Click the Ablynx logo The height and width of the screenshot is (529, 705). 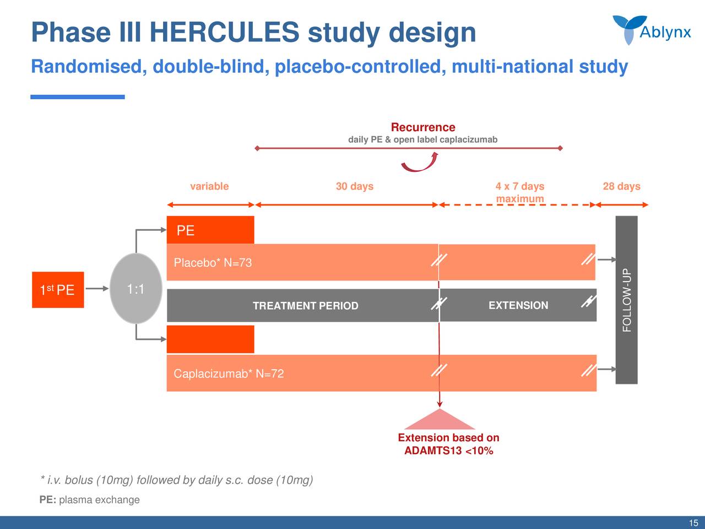coord(652,30)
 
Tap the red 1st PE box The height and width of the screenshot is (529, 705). coord(58,290)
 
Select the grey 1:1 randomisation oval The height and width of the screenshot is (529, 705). coord(135,289)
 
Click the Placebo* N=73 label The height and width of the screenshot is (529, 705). coord(213,263)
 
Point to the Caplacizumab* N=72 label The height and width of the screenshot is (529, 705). coord(229,374)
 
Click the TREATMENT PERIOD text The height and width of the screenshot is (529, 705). coord(305,306)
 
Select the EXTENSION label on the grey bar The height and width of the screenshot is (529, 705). coord(518,305)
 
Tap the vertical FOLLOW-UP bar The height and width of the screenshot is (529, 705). coord(626,300)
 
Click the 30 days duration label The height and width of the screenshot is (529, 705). coord(355,186)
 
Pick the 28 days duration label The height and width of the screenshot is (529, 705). coord(621,186)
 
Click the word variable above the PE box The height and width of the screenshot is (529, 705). coord(209,186)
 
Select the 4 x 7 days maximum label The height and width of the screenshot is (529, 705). coord(519,192)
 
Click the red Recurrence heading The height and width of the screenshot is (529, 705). coord(423,127)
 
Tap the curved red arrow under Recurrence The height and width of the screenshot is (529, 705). coord(420,163)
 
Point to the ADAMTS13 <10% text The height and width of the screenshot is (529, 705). coord(448,451)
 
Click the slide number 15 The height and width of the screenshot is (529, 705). coord(693,523)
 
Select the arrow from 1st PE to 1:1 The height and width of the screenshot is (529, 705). coord(98,288)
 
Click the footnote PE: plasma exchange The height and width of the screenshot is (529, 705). coord(90,500)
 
